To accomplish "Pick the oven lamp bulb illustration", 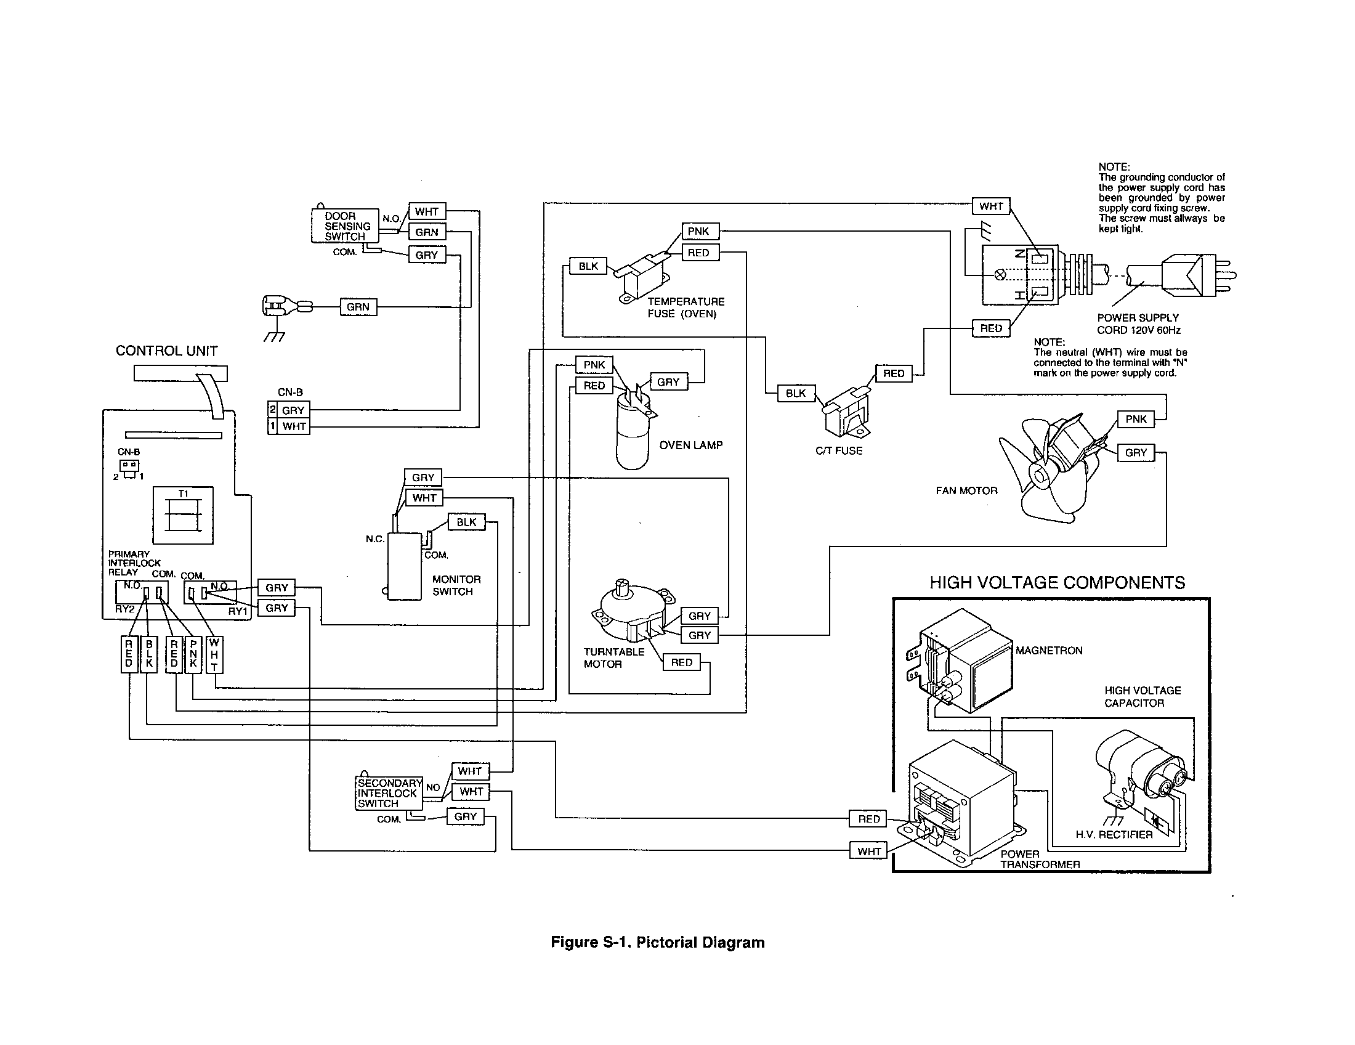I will [x=633, y=434].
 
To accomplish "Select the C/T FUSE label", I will [x=839, y=451].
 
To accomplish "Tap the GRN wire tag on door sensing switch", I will [x=427, y=232].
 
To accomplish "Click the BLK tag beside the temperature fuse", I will [x=588, y=266].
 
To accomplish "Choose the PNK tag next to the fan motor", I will [x=1136, y=419].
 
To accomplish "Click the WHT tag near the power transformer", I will [x=868, y=852].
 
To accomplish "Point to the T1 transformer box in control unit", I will [x=183, y=515].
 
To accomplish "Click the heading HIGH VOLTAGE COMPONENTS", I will [x=1057, y=583].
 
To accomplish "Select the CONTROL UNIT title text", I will [x=166, y=351].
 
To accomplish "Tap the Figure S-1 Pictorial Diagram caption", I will [x=658, y=943].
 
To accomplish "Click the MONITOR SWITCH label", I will [x=456, y=585].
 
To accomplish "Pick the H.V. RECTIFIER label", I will [x=1114, y=835].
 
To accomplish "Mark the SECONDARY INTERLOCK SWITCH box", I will [x=389, y=793].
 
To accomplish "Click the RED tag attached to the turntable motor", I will [x=681, y=663].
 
